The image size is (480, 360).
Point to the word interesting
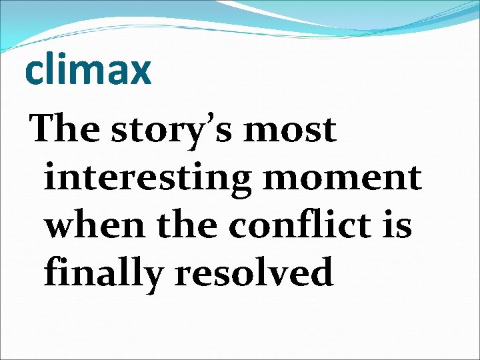[x=144, y=179]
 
